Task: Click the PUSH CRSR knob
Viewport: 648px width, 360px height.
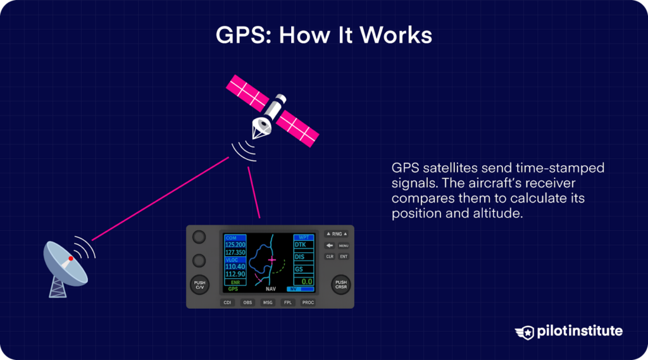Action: pyautogui.click(x=341, y=285)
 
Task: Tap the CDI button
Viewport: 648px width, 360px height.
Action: pyautogui.click(x=227, y=302)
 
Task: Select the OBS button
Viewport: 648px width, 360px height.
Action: pyautogui.click(x=247, y=302)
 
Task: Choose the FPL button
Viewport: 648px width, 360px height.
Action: pyautogui.click(x=288, y=302)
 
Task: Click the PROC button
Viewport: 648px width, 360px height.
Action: pyautogui.click(x=308, y=302)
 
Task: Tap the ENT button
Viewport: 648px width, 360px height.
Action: pyautogui.click(x=344, y=256)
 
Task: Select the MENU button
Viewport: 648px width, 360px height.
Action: pyautogui.click(x=344, y=245)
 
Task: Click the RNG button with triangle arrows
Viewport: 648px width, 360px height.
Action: pyautogui.click(x=337, y=234)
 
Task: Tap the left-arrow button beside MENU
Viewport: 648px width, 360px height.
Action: pyautogui.click(x=330, y=245)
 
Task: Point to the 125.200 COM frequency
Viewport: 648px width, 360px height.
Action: pyautogui.click(x=235, y=244)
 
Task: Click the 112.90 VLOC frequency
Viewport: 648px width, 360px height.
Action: pyautogui.click(x=235, y=274)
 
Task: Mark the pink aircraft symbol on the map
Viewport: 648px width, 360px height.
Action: pyautogui.click(x=272, y=260)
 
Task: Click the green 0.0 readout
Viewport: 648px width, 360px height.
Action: pyautogui.click(x=306, y=281)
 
